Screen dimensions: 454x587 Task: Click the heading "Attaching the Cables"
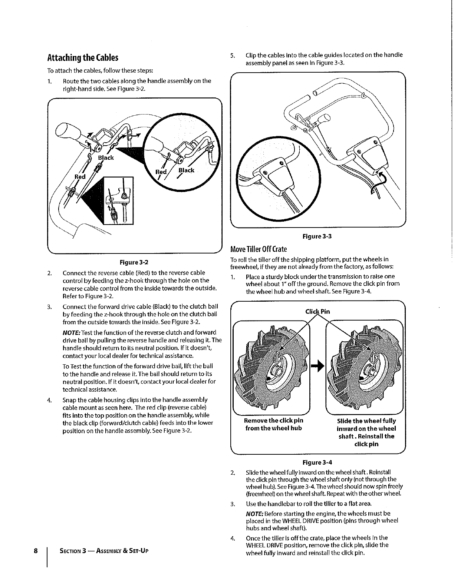tap(83, 57)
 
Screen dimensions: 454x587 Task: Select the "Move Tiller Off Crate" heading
tap(259, 249)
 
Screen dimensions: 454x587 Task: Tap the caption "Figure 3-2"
tap(134, 262)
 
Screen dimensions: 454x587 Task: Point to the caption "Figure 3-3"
tap(317, 236)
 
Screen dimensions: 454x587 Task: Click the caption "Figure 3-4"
tap(317, 462)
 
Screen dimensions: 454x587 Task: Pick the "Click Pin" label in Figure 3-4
tap(318, 311)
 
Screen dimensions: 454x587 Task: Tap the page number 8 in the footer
tap(36, 551)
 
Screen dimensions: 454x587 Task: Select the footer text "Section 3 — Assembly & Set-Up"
tap(104, 551)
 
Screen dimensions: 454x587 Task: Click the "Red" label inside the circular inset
tap(161, 172)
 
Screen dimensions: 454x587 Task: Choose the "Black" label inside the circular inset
tap(186, 170)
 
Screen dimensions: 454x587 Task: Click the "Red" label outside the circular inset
tap(80, 177)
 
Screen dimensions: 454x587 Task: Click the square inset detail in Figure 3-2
tap(118, 200)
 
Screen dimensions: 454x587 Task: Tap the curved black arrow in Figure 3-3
tap(378, 180)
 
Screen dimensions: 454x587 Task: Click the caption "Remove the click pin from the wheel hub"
tap(273, 424)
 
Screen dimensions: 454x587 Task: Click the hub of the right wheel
tap(368, 369)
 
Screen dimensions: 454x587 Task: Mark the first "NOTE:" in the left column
tap(71, 332)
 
